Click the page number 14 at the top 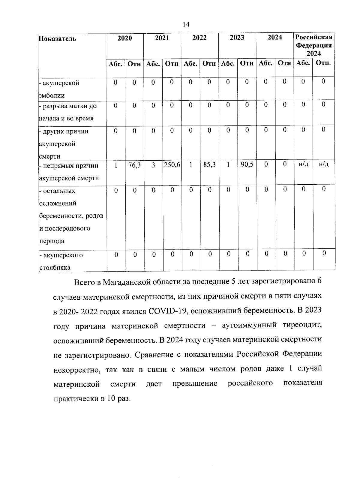pos(186,24)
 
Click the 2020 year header pos(124,38)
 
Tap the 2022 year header pos(199,38)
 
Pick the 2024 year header pos(274,38)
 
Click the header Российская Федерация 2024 pos(314,45)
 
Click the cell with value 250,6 pos(172,165)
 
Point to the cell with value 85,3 pos(209,165)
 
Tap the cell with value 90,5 pos(247,165)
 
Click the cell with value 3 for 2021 pos(153,165)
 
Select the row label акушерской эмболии pos(60,89)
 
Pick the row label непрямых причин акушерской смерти pos(69,172)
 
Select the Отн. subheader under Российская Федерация pos(323,63)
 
